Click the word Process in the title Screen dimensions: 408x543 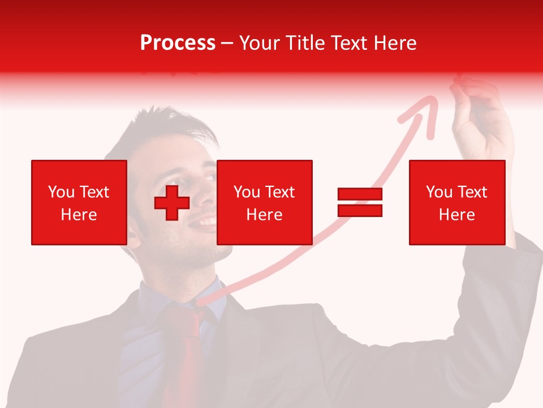click(x=178, y=43)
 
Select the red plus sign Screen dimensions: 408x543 click(x=172, y=203)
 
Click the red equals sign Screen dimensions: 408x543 click(x=360, y=203)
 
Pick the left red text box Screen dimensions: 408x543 click(x=79, y=203)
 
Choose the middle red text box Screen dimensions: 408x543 click(x=264, y=203)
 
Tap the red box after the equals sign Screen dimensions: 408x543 click(x=456, y=203)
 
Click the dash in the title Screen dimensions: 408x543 click(x=227, y=44)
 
